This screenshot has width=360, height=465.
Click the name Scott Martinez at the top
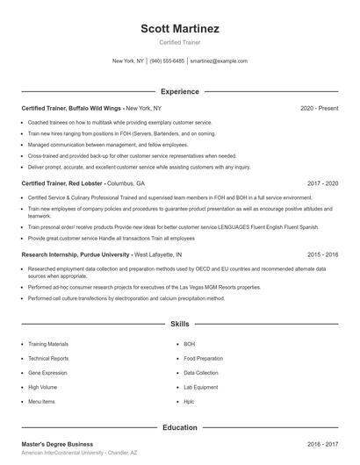[179, 28]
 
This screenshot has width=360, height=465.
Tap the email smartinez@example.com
[219, 61]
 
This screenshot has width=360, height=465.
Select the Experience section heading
[179, 91]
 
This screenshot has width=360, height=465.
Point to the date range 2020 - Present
[319, 108]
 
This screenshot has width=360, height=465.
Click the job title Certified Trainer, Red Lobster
[62, 184]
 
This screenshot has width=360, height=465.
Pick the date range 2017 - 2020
[322, 184]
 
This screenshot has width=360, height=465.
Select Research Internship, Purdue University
[76, 254]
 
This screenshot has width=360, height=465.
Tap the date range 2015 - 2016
[322, 254]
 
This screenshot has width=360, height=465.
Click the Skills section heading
[179, 324]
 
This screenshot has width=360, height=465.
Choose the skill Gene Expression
[47, 373]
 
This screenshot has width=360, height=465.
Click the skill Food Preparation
[204, 359]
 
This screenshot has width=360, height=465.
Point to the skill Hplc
[189, 401]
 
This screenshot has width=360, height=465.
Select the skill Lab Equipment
[201, 387]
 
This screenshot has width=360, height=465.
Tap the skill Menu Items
[41, 401]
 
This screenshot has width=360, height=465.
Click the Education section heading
[179, 427]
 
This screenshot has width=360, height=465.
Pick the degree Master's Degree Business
[57, 445]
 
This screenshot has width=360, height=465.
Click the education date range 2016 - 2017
[322, 445]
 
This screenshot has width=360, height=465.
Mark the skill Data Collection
[201, 373]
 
